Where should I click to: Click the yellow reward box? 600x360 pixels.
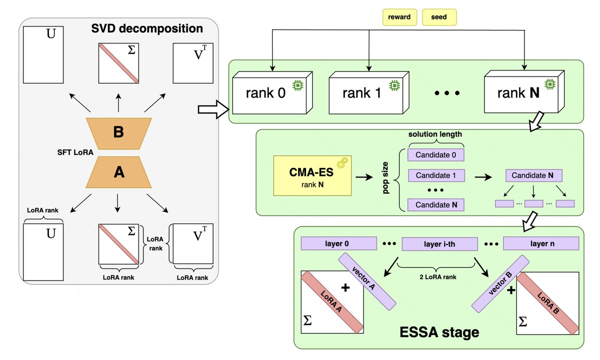pyautogui.click(x=400, y=17)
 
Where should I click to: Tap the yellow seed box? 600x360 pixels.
pyautogui.click(x=439, y=17)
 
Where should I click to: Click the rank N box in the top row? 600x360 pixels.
pyautogui.click(x=518, y=93)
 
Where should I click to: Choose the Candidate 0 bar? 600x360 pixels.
pyautogui.click(x=436, y=155)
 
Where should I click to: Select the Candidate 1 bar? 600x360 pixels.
pyautogui.click(x=436, y=175)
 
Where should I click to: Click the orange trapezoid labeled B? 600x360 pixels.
pyautogui.click(x=118, y=132)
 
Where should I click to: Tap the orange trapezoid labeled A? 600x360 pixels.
pyautogui.click(x=118, y=172)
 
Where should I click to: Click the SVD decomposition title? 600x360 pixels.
pyautogui.click(x=147, y=28)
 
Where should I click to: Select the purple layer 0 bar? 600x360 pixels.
pyautogui.click(x=338, y=243)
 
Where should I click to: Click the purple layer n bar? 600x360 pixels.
pyautogui.click(x=540, y=243)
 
